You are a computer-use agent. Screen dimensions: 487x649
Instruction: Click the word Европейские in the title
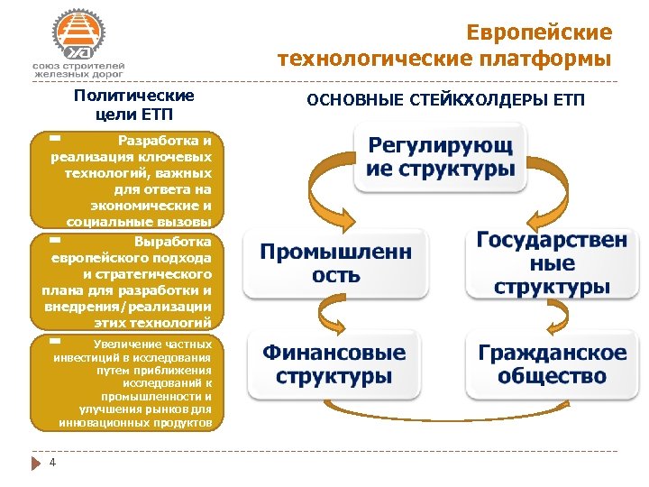coord(539,33)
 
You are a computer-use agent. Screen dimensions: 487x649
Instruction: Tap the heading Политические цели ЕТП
coord(134,105)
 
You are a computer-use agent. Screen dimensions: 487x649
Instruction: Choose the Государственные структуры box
coord(551,263)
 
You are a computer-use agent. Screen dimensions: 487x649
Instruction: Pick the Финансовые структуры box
coord(334,364)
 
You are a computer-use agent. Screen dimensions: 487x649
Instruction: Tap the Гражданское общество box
coord(552,364)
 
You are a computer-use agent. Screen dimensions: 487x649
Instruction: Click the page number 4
coord(53,463)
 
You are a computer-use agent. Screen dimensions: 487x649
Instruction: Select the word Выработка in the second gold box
coord(172,242)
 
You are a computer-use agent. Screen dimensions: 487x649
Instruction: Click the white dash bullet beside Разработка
coord(55,139)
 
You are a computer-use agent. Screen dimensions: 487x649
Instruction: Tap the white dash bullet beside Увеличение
coord(55,342)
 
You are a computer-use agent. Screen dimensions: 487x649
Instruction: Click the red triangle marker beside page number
coord(37,464)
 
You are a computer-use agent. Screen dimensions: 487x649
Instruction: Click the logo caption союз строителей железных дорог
coord(78,71)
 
